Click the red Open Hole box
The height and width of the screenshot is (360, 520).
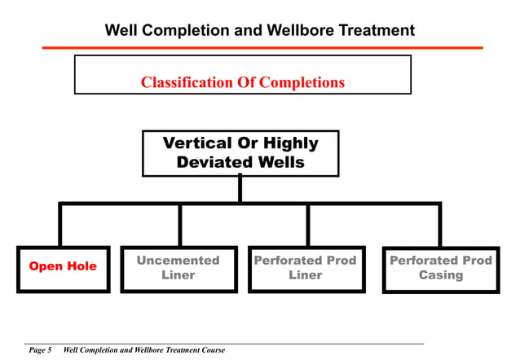pos(63,267)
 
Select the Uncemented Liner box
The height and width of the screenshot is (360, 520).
pos(178,268)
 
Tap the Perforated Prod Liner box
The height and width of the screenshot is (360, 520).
pos(306,268)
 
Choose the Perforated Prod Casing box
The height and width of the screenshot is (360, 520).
pos(441,268)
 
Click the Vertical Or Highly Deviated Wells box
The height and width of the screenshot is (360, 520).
pos(240,153)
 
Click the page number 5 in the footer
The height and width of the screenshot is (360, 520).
pos(49,350)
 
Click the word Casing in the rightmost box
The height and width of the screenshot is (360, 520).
pos(441,275)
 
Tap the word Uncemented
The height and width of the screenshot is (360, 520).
pos(178,261)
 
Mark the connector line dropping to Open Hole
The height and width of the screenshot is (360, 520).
pos(60,225)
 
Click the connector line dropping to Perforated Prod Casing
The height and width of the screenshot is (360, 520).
pos(440,225)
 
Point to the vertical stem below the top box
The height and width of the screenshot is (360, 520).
pos(240,189)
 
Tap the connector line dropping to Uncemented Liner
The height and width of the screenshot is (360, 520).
pos(179,225)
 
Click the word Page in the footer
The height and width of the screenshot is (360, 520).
pos(36,350)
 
